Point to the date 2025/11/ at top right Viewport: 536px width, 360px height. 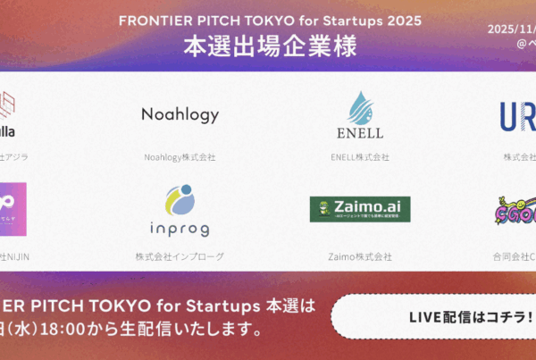point(512,28)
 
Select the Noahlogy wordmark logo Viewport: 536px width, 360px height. point(180,114)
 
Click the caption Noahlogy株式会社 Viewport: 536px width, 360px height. point(180,157)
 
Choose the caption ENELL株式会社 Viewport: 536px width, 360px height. point(359,157)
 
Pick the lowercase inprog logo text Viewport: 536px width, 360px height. point(180,229)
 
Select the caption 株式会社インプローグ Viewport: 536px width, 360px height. point(180,257)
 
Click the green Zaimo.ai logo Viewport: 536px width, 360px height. point(359,209)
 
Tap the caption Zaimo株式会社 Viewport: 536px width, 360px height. point(359,257)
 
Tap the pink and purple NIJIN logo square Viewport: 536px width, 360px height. point(13,209)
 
